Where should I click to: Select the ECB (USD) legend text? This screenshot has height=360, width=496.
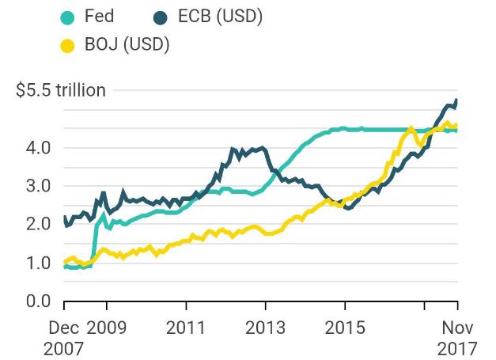coord(221,16)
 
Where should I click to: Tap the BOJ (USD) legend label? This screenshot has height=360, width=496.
coord(127,44)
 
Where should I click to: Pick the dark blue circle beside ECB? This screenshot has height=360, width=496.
coord(163,16)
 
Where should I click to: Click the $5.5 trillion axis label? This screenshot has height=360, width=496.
coord(61,90)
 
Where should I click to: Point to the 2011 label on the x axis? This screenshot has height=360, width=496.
coord(187,327)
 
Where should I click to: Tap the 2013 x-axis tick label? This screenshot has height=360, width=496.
coord(266,327)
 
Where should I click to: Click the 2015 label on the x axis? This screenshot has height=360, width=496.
coord(345,327)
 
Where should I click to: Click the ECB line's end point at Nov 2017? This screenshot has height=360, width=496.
coord(457,100)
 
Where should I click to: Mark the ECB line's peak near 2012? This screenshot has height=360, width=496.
coord(233,148)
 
